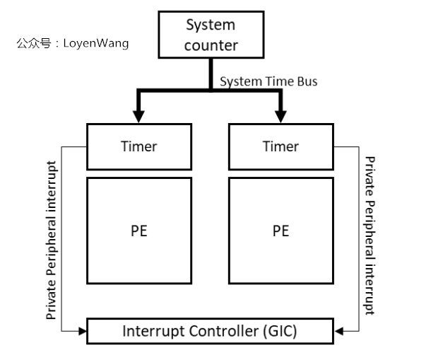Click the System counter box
(x=211, y=35)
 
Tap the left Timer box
(x=139, y=146)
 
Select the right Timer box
(x=281, y=146)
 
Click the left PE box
(x=139, y=231)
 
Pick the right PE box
(x=281, y=231)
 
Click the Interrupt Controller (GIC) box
(x=210, y=331)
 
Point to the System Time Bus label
(x=268, y=81)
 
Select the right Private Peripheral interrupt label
(x=368, y=236)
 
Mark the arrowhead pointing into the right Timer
(x=281, y=117)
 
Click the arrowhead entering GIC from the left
(x=81, y=330)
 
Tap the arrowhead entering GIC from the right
(x=338, y=330)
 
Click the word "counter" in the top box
(x=211, y=46)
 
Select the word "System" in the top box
(x=211, y=25)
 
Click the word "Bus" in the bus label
(x=307, y=81)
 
